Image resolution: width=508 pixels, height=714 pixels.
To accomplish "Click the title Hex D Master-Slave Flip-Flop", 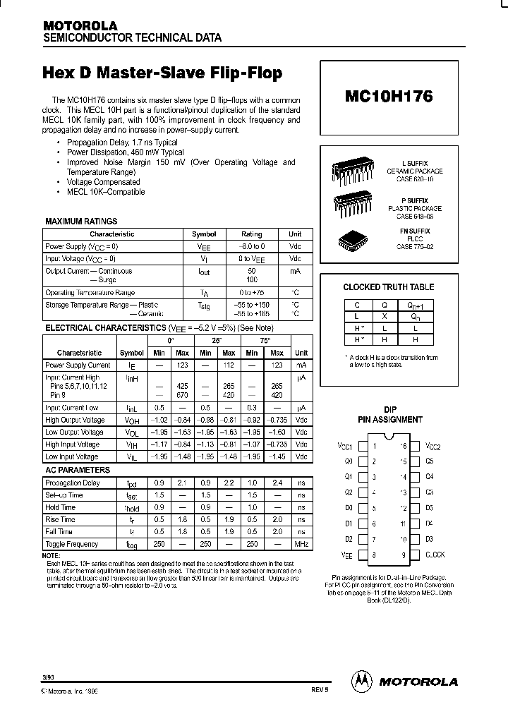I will point(163,73).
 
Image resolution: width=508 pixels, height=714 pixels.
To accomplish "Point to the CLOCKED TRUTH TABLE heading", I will point(388,287).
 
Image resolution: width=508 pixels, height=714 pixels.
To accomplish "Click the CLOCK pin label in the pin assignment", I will point(435,555).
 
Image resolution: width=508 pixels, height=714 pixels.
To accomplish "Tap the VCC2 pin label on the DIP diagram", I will point(433,446).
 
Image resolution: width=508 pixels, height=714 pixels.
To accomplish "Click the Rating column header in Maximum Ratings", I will point(252,234).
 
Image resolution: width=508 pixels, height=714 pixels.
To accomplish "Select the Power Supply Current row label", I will point(78,365).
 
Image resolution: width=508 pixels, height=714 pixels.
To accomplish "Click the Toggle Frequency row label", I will point(71,544).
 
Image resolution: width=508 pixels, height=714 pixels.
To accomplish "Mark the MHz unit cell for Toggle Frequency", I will point(301,544).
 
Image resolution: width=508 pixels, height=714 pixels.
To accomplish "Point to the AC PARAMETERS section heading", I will point(78,470).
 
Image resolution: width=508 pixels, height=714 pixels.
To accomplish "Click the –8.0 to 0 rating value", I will point(252,247).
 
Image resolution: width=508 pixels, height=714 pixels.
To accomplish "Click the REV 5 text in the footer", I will point(319,692).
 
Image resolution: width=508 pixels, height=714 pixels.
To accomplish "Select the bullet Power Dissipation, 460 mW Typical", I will point(126,152).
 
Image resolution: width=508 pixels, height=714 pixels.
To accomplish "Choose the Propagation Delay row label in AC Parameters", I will point(73,483).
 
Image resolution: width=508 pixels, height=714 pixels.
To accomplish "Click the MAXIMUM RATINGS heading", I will point(81,222).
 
